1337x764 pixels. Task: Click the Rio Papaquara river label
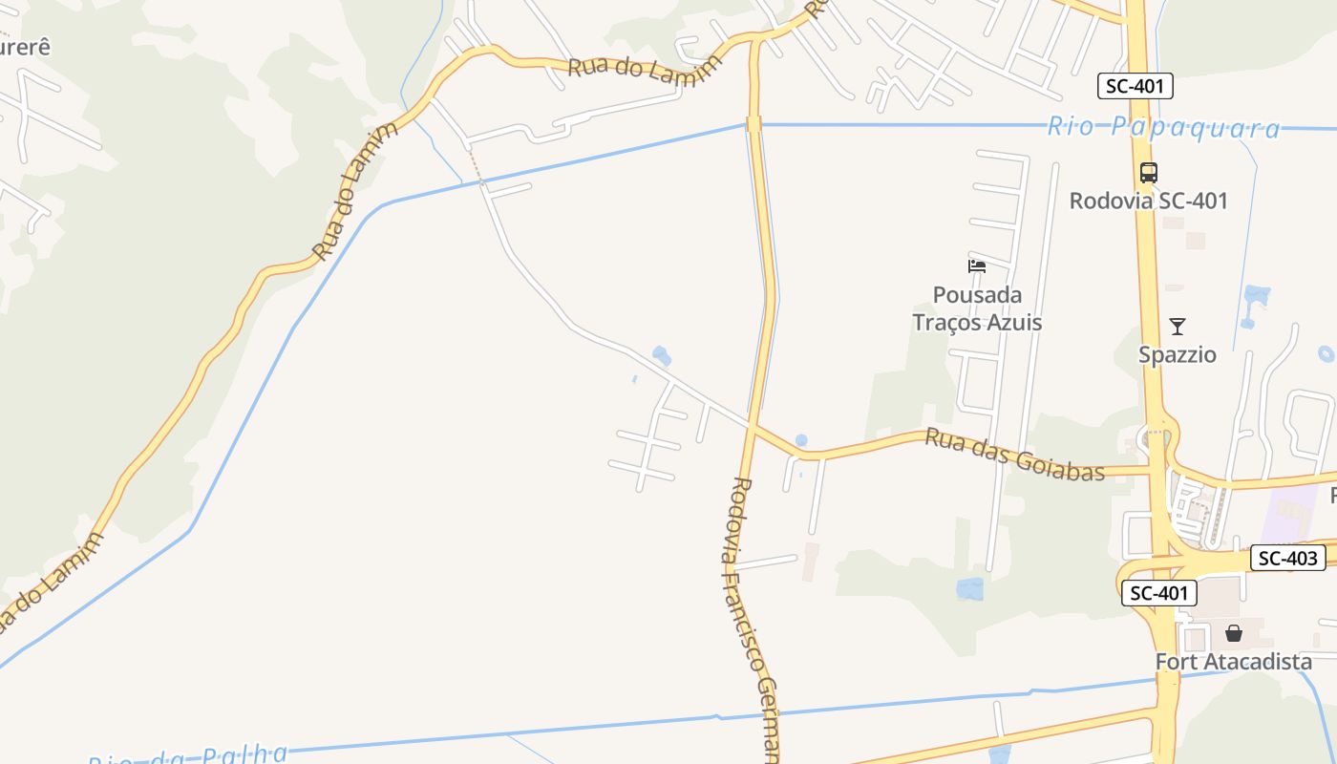pos(1163,127)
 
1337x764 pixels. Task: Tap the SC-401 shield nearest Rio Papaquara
pos(1135,87)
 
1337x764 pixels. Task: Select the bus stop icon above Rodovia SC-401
pos(1148,173)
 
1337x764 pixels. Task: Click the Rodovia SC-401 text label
pos(1148,201)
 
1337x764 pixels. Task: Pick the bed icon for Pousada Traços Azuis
pos(976,265)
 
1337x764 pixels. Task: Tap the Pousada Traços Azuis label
pos(977,308)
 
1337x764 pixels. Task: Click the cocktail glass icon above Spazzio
pos(1178,327)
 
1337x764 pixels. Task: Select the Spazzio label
pos(1178,355)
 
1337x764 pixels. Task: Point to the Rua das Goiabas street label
pos(1014,456)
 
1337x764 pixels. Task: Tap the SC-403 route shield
pos(1287,559)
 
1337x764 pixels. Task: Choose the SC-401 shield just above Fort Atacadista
pos(1158,593)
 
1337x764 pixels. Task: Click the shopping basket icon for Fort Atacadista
pos(1234,633)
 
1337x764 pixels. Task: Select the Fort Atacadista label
pos(1233,662)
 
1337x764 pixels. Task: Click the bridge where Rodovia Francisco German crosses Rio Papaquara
pos(753,124)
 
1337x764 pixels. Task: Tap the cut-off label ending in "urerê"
pos(23,47)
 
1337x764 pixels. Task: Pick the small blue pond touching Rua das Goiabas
pos(801,440)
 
